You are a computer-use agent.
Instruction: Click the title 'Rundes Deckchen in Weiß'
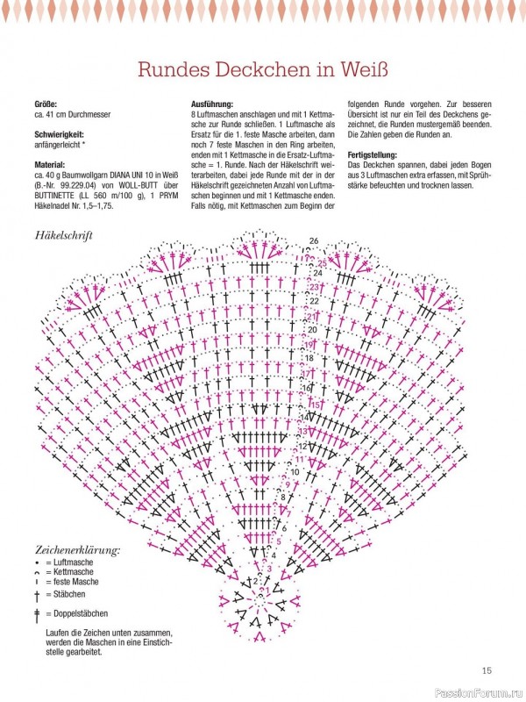[x=263, y=68]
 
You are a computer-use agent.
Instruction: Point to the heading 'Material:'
[x=52, y=164]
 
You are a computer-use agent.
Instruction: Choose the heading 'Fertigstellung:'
[x=375, y=154]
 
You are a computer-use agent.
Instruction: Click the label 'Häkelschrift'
[x=64, y=235]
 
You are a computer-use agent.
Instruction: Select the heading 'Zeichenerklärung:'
[x=77, y=551]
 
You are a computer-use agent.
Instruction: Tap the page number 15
[x=487, y=671]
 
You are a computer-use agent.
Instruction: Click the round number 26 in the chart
[x=313, y=240]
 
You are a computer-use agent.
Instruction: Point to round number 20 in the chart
[x=312, y=330]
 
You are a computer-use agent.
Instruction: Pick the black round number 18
[x=309, y=359]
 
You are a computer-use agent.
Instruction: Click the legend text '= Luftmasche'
[x=72, y=562]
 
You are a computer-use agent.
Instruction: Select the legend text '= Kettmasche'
[x=72, y=572]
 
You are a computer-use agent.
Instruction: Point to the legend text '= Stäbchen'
[x=69, y=594]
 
